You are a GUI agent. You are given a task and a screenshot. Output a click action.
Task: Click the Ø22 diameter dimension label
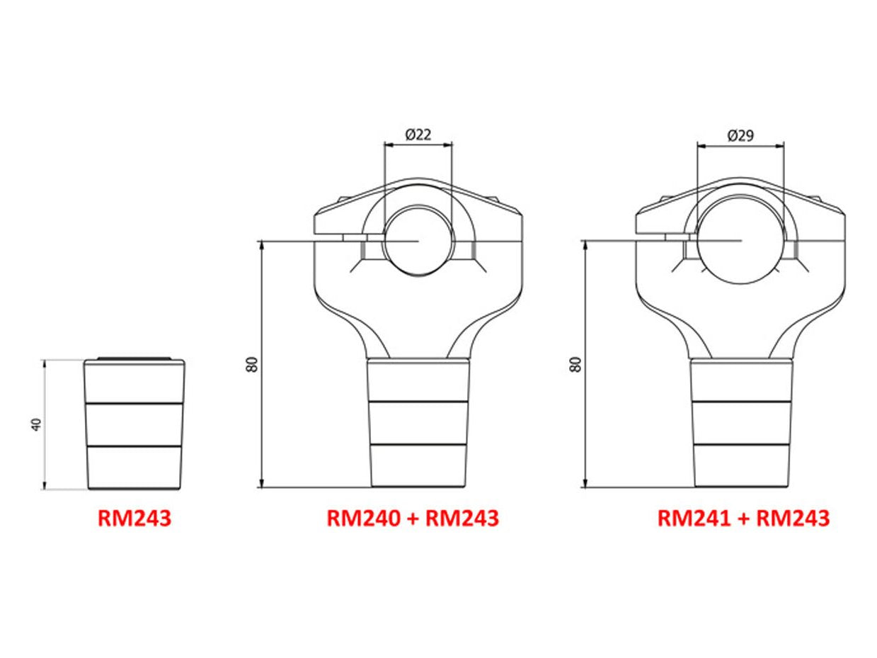click(x=418, y=135)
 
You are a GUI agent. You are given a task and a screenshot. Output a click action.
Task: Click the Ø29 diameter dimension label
click(x=740, y=135)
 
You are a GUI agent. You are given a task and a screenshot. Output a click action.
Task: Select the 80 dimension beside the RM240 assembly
click(x=253, y=364)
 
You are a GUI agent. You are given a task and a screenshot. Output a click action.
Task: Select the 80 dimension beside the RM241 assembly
click(x=576, y=364)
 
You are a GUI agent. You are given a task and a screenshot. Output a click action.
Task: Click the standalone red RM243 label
click(x=134, y=518)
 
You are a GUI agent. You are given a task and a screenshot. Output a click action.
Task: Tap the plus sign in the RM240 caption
click(x=413, y=518)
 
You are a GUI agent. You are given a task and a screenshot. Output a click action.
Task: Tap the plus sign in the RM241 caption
click(x=743, y=518)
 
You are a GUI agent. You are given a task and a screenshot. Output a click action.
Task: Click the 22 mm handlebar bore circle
click(x=418, y=241)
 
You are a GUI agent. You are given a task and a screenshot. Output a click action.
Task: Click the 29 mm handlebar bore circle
click(x=740, y=241)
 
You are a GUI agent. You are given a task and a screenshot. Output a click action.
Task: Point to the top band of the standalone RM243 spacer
click(x=134, y=382)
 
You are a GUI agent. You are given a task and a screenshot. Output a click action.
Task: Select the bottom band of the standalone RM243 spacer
click(x=134, y=467)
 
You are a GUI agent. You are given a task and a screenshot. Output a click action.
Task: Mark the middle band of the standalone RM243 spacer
click(x=134, y=424)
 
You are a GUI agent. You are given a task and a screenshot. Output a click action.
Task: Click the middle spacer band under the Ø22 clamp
click(x=418, y=423)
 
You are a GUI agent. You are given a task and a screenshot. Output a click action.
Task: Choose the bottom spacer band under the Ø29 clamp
click(x=740, y=465)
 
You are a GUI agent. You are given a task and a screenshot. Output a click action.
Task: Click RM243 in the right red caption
click(x=793, y=518)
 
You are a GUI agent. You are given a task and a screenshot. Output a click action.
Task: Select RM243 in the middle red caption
click(x=462, y=518)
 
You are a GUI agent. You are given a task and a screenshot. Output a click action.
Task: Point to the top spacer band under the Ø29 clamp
click(x=740, y=381)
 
